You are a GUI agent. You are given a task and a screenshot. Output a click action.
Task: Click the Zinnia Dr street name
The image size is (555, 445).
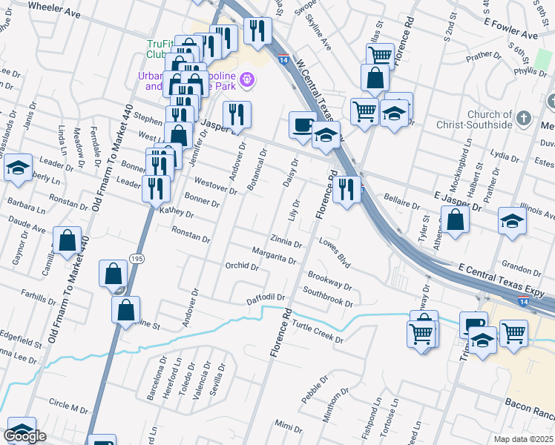(x=286, y=242)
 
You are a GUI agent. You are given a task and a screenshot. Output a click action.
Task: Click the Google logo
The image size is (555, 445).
(x=25, y=436)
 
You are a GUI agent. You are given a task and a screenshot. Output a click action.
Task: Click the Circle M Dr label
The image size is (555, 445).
(x=68, y=404)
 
